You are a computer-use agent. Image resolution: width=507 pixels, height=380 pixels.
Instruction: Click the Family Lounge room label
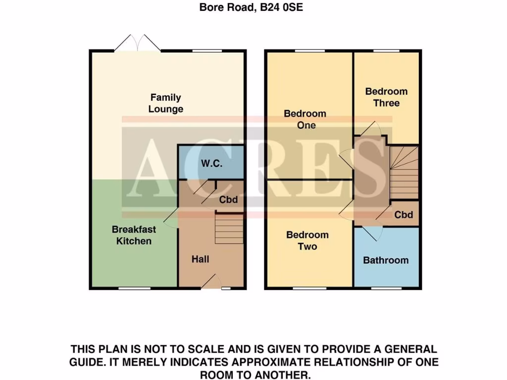[166, 103]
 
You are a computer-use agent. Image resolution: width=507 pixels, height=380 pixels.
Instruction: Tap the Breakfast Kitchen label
[134, 236]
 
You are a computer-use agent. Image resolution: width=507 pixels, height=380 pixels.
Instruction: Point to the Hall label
[201, 259]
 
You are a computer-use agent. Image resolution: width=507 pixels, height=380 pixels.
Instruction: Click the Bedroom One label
[305, 119]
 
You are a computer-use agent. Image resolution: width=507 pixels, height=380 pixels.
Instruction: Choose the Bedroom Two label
[307, 241]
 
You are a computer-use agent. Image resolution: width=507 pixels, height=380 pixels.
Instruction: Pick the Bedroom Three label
[386, 97]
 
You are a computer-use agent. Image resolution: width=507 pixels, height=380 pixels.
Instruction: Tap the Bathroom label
[386, 260]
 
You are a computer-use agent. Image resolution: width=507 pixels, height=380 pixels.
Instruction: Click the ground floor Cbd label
[229, 200]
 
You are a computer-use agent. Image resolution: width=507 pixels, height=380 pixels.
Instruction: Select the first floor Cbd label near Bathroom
[404, 215]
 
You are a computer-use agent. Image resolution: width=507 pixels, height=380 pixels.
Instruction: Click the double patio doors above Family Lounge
[137, 44]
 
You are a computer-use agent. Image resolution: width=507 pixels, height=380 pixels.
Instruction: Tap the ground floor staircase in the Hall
[229, 228]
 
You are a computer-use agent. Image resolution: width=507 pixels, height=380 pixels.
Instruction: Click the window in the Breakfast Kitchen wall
[134, 288]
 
